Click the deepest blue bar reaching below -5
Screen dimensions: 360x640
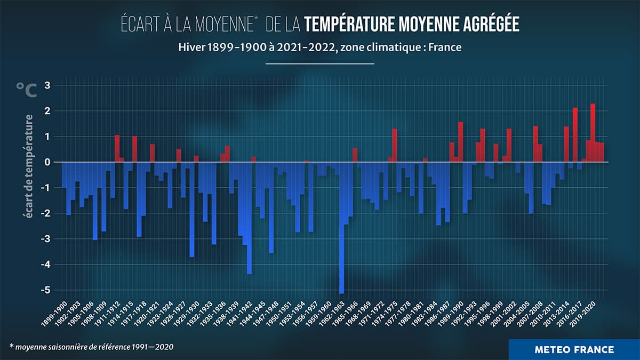tap(341, 229)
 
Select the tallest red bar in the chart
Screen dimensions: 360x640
tap(593, 133)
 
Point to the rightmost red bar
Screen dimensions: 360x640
tap(602, 153)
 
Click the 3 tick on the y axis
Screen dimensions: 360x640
tap(47, 85)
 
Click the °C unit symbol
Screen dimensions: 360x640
tap(26, 90)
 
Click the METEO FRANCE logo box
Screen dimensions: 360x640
tap(574, 350)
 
